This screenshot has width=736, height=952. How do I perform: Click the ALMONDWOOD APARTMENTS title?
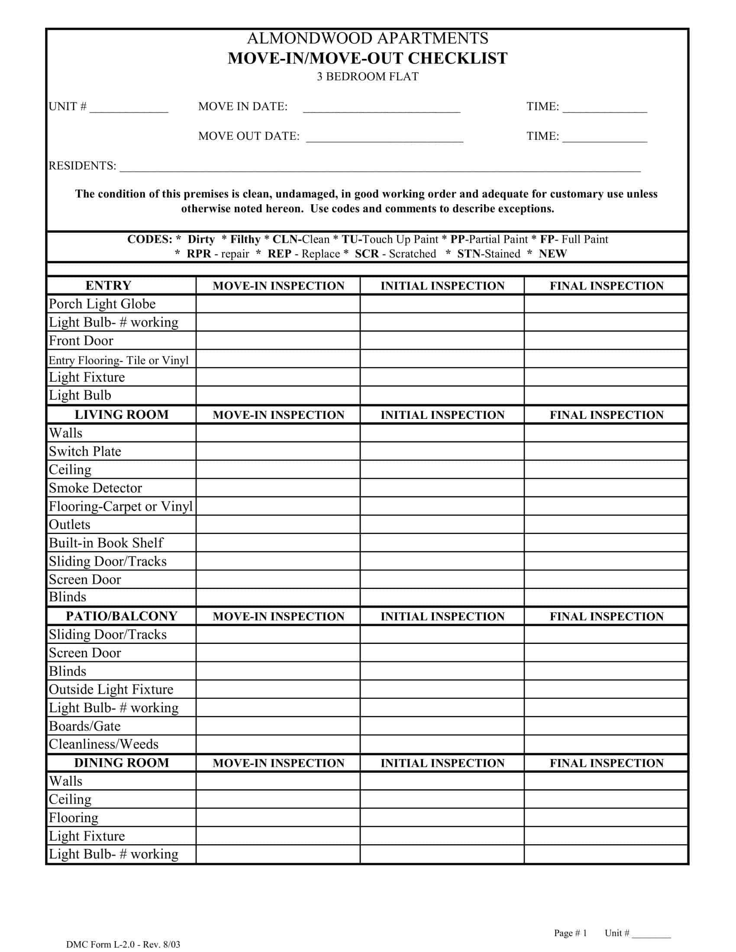pos(368,39)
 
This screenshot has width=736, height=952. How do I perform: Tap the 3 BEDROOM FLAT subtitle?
pos(368,77)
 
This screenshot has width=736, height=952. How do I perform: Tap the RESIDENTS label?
pos(82,166)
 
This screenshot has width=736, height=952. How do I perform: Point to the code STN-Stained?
pos(488,254)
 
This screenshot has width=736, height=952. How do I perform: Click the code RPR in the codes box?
pos(199,254)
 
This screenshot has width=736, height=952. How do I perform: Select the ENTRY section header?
pos(108,286)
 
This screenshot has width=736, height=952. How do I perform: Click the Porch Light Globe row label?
pos(102,304)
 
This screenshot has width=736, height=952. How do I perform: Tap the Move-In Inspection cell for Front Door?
pos(278,341)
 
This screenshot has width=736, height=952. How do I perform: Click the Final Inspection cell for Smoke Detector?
pos(606,488)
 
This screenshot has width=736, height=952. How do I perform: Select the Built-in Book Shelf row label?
pos(106,543)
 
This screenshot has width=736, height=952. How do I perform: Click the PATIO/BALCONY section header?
pos(122,616)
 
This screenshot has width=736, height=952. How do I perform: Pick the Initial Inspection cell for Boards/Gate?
pos(442,726)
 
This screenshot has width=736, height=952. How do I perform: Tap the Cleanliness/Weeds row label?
pos(103,744)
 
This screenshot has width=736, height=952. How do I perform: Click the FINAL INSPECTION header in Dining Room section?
pos(606,763)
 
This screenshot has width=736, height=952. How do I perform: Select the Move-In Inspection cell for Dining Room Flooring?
pos(278,818)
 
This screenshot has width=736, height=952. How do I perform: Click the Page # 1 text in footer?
pos(570,933)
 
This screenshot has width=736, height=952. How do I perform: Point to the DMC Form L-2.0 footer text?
pos(123,945)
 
